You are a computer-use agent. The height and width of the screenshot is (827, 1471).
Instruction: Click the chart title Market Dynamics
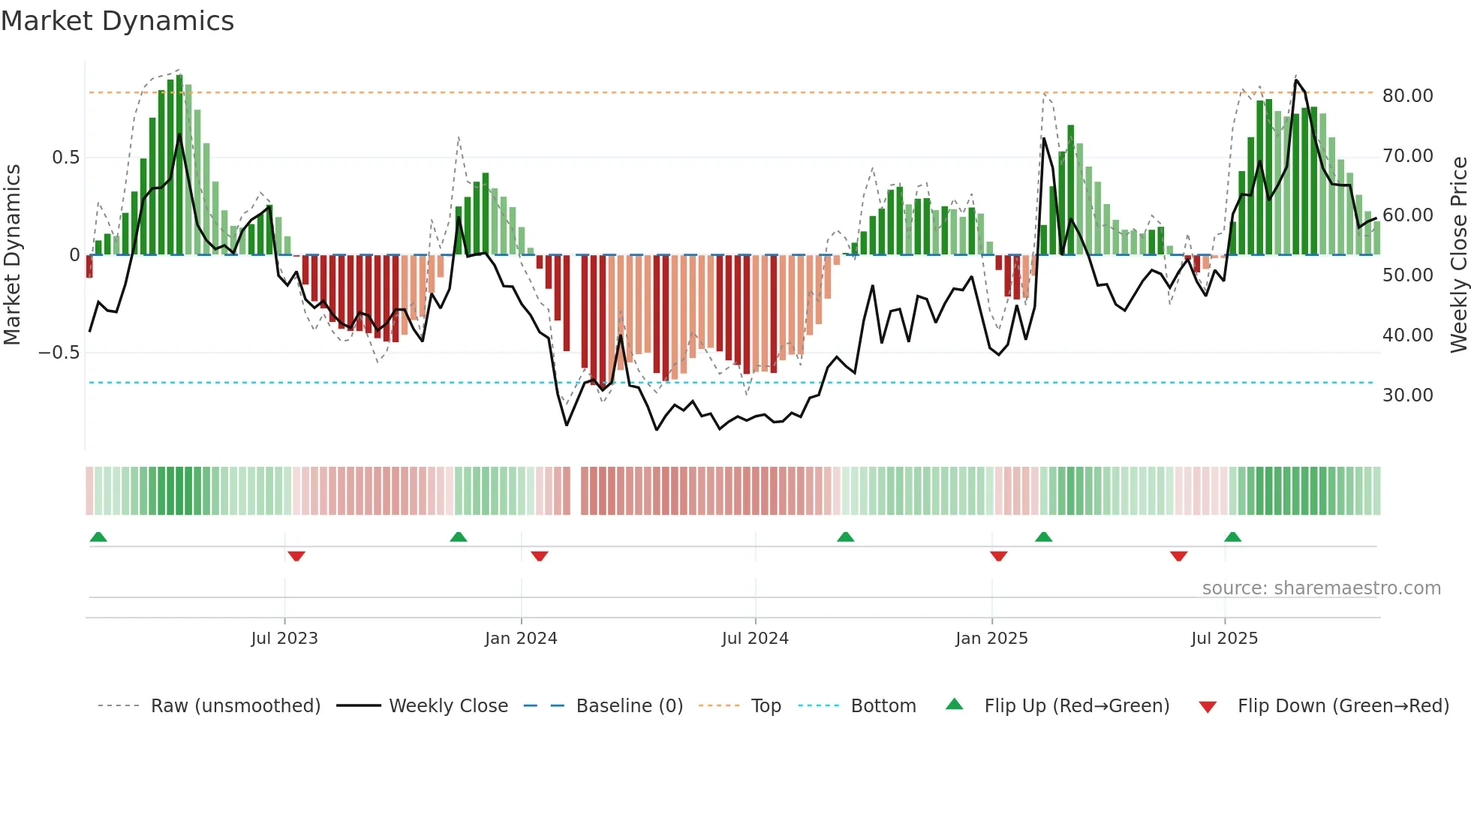tap(117, 21)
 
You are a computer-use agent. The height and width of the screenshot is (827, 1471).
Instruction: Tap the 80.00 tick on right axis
tap(1407, 96)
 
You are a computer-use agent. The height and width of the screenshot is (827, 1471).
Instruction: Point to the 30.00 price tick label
tap(1407, 395)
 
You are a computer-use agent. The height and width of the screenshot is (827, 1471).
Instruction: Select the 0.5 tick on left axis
tap(65, 158)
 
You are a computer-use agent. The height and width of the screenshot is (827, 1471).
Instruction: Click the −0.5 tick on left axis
tap(59, 353)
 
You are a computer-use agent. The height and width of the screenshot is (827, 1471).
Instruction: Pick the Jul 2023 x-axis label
tap(284, 639)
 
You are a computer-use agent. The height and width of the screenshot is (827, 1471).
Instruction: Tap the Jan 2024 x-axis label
tap(521, 639)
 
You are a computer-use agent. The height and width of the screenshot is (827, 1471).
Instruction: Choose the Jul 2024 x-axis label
tap(755, 639)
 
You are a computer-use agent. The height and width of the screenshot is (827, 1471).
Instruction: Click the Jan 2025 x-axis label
tap(991, 639)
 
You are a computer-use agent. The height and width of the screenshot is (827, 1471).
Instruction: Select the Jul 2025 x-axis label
tap(1224, 639)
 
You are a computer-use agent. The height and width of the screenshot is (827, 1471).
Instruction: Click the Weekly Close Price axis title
tap(1458, 254)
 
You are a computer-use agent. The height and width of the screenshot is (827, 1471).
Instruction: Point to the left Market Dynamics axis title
tap(12, 254)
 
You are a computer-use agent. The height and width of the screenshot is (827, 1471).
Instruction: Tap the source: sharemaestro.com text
tap(1321, 588)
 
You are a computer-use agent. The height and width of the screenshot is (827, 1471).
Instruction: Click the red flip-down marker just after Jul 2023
tap(296, 556)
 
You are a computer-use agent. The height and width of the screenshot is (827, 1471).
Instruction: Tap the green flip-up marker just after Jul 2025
tap(1232, 537)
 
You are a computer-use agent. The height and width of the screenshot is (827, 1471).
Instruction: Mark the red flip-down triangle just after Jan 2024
tap(540, 556)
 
